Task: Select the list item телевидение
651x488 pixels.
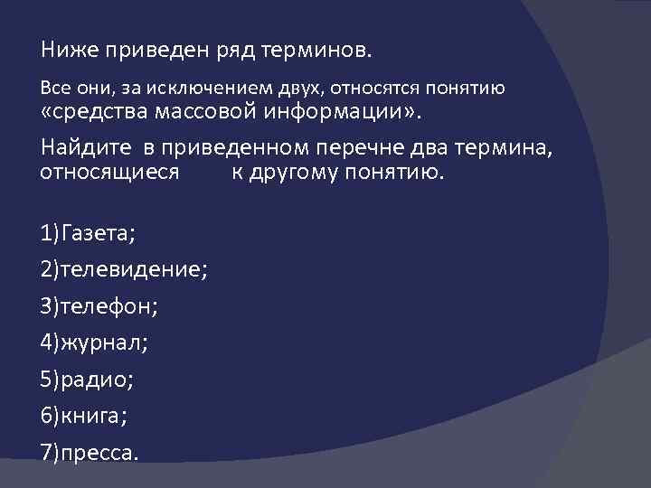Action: [124, 270]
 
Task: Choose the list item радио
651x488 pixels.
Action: [87, 378]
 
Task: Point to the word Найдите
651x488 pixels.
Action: [80, 147]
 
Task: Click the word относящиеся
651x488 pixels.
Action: [109, 172]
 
